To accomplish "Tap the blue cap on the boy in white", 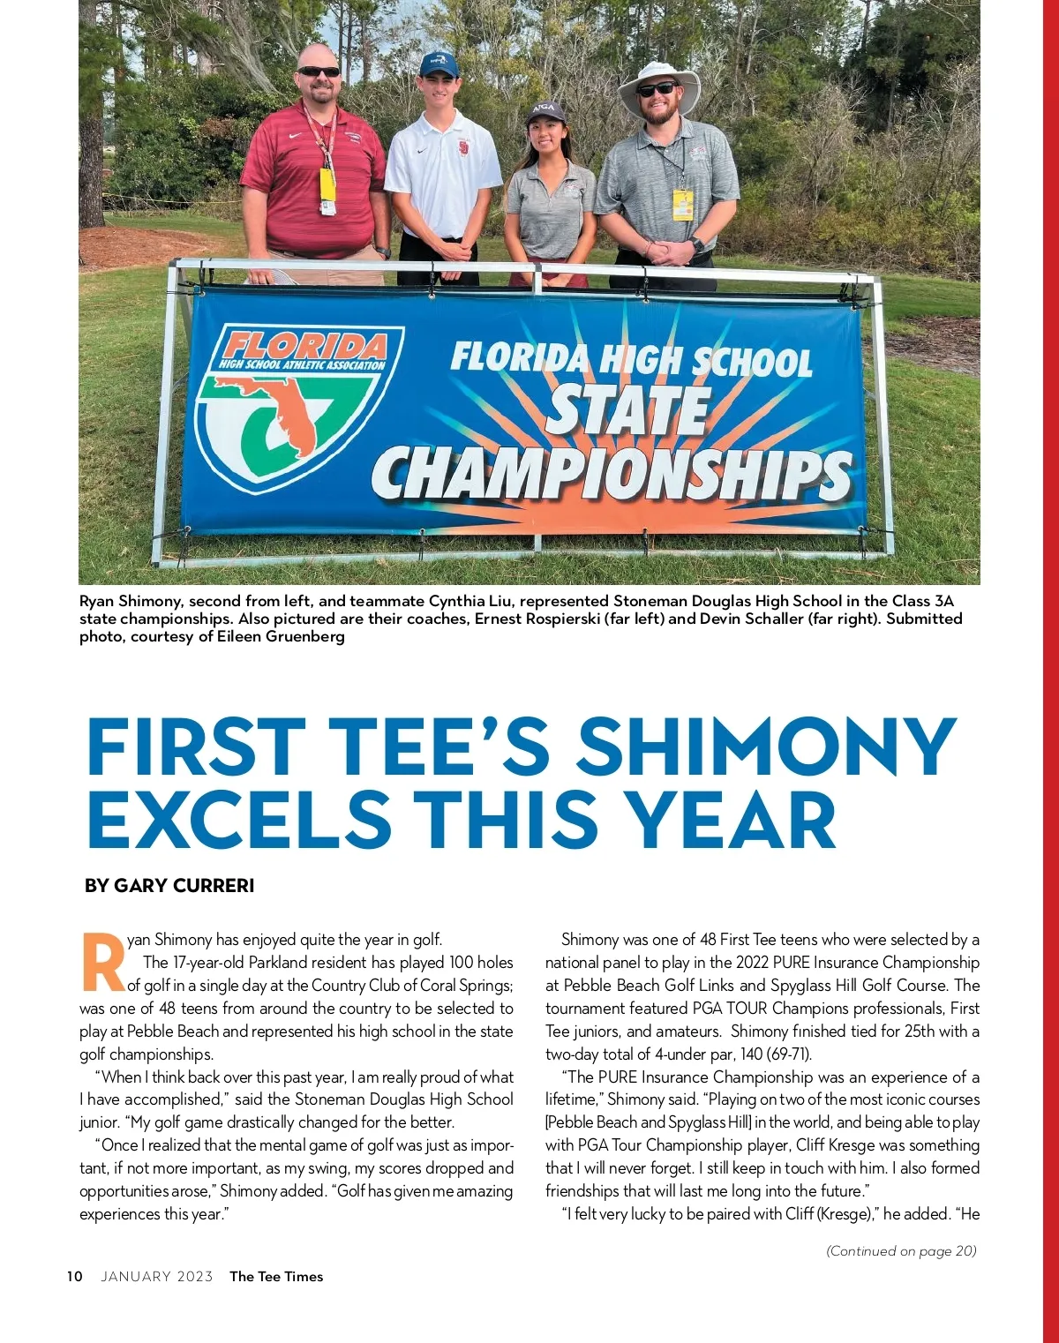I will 439,64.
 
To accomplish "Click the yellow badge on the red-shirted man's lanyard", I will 327,185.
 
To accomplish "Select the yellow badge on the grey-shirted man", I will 682,205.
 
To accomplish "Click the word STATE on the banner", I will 628,411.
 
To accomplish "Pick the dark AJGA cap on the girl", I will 545,111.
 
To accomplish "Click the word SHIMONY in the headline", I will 765,747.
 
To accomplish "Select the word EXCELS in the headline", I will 238,820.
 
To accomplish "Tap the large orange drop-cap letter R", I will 102,961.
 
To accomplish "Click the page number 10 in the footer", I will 75,1277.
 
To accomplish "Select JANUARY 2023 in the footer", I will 157,1277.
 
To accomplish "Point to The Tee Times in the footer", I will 276,1277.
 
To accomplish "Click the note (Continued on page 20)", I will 901,1250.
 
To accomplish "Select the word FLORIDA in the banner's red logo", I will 305,345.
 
